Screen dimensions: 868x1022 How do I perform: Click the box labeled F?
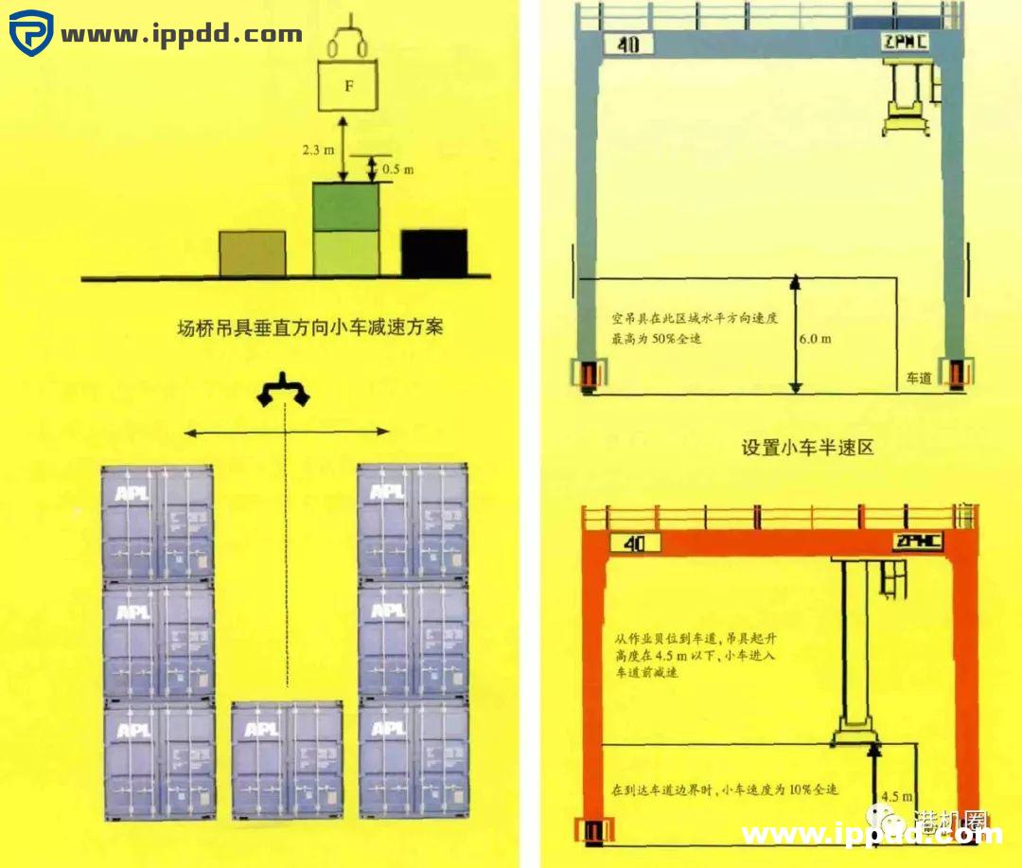click(348, 86)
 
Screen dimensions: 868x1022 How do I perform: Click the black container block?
click(434, 253)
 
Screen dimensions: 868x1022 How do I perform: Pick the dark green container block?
click(346, 206)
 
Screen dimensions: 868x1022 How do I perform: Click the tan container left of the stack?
click(252, 254)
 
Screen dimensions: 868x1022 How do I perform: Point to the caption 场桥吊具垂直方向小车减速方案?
click(310, 328)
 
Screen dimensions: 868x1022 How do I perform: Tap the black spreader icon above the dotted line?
click(285, 391)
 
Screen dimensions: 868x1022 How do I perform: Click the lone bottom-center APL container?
click(287, 760)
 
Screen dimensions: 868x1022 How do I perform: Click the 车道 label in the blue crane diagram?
click(919, 378)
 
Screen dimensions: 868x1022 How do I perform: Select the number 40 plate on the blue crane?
click(627, 44)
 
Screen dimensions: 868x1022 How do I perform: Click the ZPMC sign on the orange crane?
click(917, 541)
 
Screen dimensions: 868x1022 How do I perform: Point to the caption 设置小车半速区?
click(807, 447)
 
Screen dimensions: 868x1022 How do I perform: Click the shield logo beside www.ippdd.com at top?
click(30, 34)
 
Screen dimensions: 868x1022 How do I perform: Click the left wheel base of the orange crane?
click(594, 830)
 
